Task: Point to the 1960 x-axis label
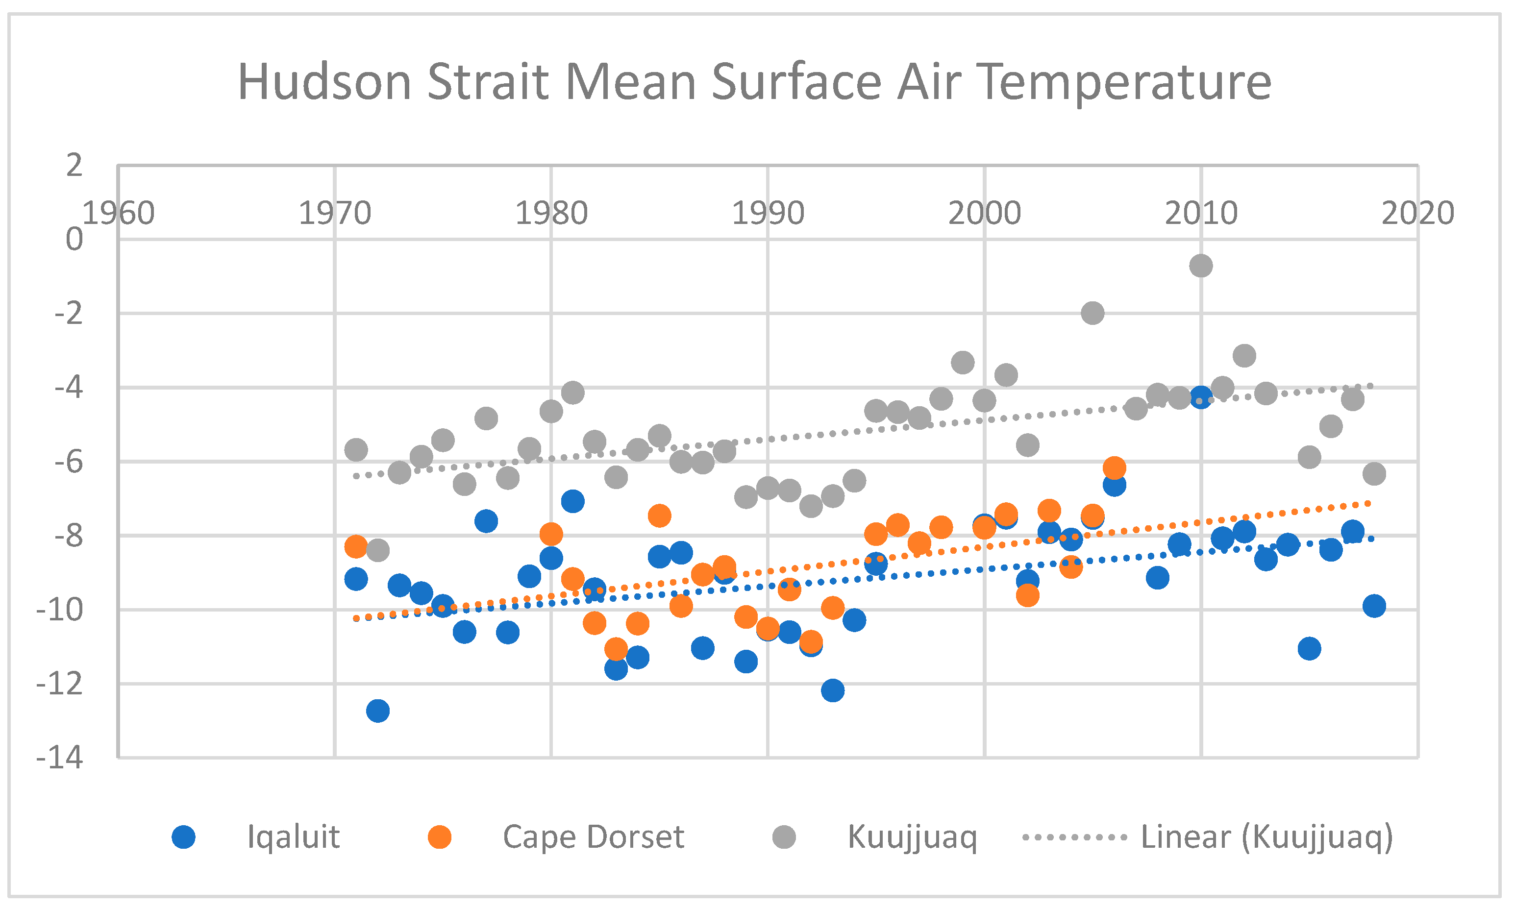118,213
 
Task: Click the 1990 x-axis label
768,213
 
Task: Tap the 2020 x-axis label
1417,213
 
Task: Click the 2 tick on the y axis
74,166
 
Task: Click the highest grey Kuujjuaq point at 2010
1200,266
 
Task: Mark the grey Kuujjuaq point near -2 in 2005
1092,313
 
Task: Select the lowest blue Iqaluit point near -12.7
378,711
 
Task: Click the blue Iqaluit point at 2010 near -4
1200,397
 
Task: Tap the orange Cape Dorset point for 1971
356,546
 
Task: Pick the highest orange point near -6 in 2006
1114,468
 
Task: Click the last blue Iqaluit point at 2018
1374,606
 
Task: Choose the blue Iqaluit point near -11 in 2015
1309,648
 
